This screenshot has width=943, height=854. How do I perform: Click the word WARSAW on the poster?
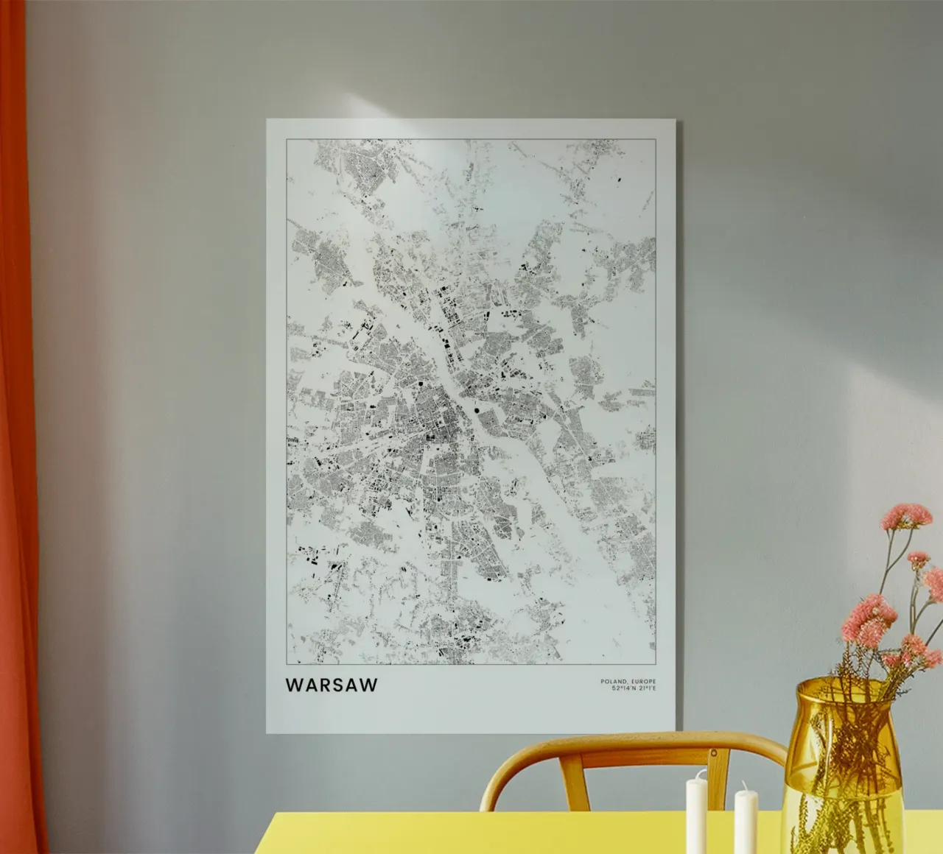(x=332, y=685)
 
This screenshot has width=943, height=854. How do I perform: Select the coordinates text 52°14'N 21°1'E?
(x=634, y=689)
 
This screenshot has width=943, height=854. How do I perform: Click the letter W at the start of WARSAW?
(x=293, y=685)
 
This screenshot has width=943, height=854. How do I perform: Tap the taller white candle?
(x=696, y=814)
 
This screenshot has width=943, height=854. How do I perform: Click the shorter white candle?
(x=746, y=821)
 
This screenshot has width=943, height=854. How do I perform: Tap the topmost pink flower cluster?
(x=907, y=515)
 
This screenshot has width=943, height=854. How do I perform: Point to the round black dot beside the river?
(x=477, y=409)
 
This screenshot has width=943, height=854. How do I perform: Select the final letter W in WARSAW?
(x=368, y=685)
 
